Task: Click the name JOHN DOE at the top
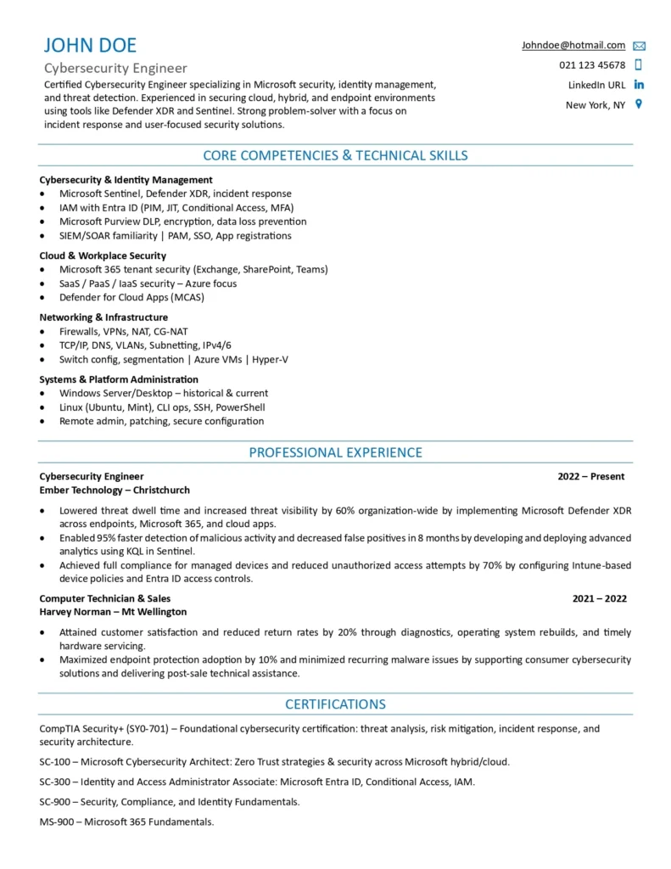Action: pyautogui.click(x=90, y=46)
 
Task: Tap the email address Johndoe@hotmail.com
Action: pyautogui.click(x=573, y=45)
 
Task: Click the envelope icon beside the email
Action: pyautogui.click(x=639, y=46)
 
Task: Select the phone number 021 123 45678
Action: pyautogui.click(x=592, y=65)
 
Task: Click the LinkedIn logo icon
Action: pyautogui.click(x=639, y=85)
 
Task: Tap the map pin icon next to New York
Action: pyautogui.click(x=639, y=104)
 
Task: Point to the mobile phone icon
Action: pyautogui.click(x=639, y=65)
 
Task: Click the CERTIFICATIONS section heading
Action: pyautogui.click(x=335, y=704)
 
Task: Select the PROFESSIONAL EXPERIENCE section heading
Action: pyautogui.click(x=335, y=452)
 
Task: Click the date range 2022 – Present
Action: pyautogui.click(x=590, y=476)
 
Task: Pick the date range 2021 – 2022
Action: pyautogui.click(x=599, y=598)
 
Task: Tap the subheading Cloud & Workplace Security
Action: pyautogui.click(x=103, y=255)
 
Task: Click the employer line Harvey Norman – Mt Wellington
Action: pyautogui.click(x=113, y=611)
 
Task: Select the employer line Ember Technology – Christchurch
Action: pyautogui.click(x=115, y=490)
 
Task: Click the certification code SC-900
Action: pyautogui.click(x=54, y=801)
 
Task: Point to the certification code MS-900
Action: pyautogui.click(x=55, y=821)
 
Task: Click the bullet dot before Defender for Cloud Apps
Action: pyautogui.click(x=43, y=298)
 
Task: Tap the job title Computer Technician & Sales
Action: pyautogui.click(x=104, y=598)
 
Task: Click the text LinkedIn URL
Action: pyautogui.click(x=596, y=85)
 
